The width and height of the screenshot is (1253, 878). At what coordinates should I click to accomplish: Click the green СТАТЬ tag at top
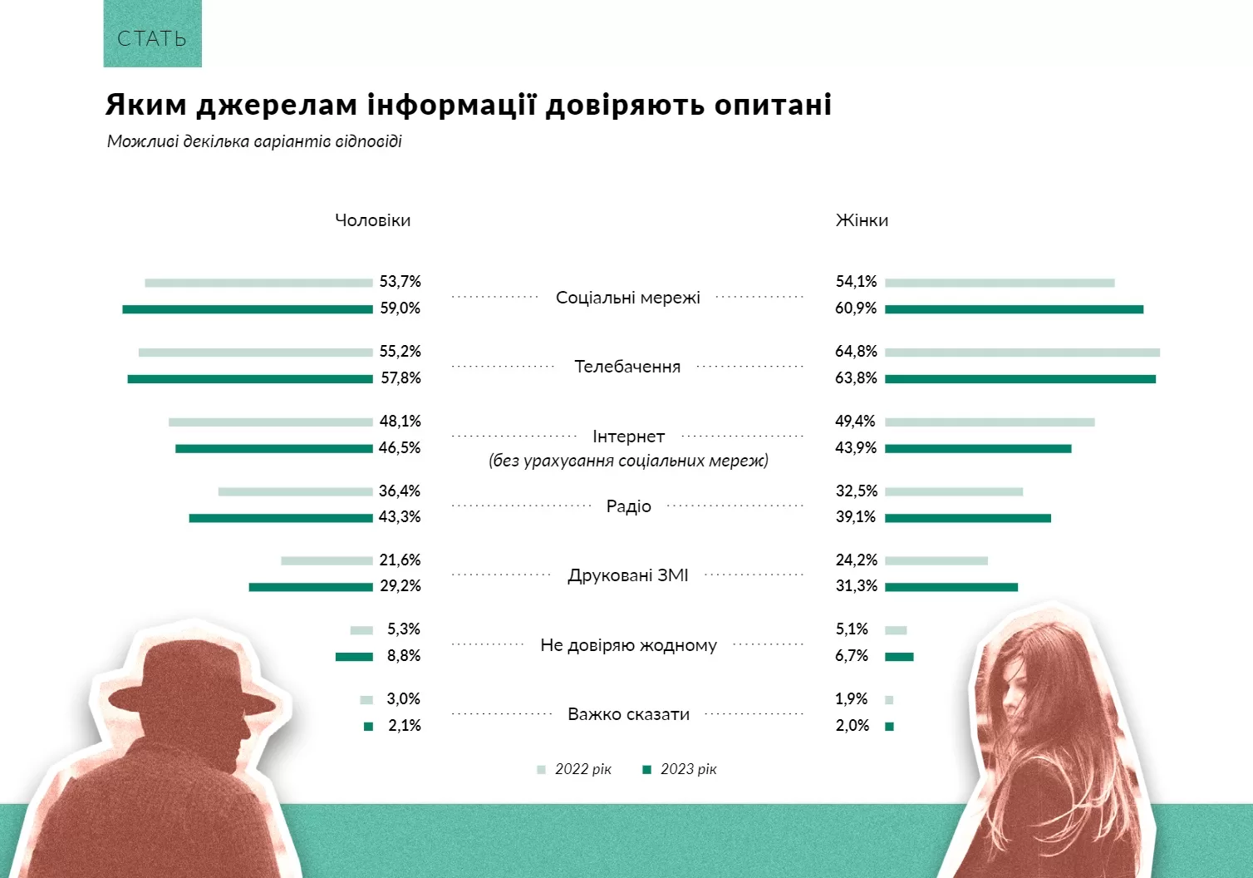point(152,35)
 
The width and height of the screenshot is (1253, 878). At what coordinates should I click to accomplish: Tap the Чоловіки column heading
point(372,220)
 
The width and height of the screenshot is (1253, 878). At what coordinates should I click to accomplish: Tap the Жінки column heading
point(862,220)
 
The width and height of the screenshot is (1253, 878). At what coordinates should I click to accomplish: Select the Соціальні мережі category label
point(627,298)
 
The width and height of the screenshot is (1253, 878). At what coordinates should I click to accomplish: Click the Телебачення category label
point(627,367)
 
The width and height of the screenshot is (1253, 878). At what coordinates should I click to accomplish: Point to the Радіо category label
point(628,506)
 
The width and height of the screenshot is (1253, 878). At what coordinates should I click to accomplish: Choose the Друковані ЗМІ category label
point(628,575)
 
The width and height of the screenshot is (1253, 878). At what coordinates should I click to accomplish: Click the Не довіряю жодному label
point(628,645)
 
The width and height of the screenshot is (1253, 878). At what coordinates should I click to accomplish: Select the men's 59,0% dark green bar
point(248,309)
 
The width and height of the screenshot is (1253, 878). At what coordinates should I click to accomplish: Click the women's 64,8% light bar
point(1022,353)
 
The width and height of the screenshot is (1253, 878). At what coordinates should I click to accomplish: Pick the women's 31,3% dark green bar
point(951,587)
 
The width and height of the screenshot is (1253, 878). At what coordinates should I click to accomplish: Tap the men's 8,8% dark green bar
point(354,657)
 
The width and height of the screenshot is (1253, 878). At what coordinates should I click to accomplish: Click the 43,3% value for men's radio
point(400,517)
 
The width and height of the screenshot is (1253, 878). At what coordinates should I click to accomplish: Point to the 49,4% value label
point(856,422)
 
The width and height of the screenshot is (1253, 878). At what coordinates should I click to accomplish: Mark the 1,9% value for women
point(852,699)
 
